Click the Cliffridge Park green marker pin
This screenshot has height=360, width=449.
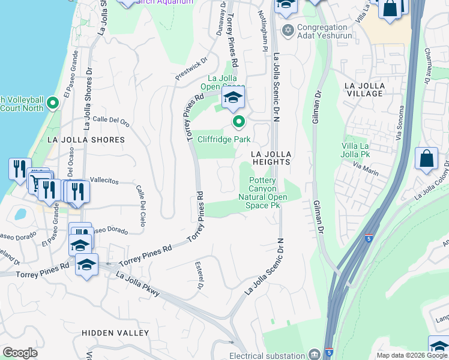pyautogui.click(x=239, y=122)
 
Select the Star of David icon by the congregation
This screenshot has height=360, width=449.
pyautogui.click(x=288, y=29)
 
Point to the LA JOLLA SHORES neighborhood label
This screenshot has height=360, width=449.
pyautogui.click(x=86, y=140)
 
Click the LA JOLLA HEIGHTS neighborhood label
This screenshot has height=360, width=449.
pyautogui.click(x=271, y=158)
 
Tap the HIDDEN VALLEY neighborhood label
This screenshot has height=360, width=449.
pyautogui.click(x=115, y=332)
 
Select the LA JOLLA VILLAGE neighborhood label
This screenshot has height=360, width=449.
pyautogui.click(x=364, y=90)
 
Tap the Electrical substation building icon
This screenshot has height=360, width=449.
pyautogui.click(x=314, y=354)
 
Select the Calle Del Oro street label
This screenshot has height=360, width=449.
pyautogui.click(x=111, y=120)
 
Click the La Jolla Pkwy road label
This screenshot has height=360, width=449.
pyautogui.click(x=137, y=284)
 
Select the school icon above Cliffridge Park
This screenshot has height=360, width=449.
pyautogui.click(x=233, y=98)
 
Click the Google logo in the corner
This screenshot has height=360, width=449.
pyautogui.click(x=20, y=353)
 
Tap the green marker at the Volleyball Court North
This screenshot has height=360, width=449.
pyautogui.click(x=52, y=104)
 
